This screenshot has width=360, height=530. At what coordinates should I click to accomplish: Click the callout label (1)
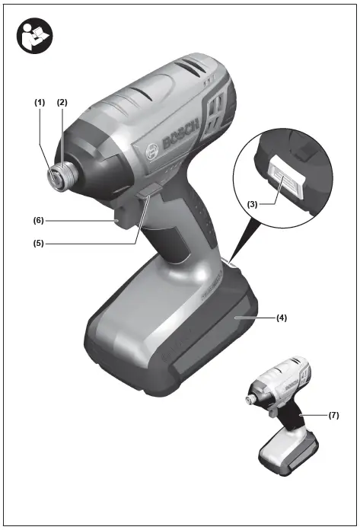point(40,102)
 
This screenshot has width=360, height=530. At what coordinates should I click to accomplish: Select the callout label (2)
point(62,102)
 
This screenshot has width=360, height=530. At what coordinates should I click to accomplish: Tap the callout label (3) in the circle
point(254,204)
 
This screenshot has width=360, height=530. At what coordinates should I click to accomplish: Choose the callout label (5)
point(38,244)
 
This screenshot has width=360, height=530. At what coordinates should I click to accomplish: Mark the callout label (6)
point(38,221)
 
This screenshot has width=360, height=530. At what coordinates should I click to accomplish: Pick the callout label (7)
point(333,416)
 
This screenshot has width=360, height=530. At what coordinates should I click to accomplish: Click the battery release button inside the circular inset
point(285,184)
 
